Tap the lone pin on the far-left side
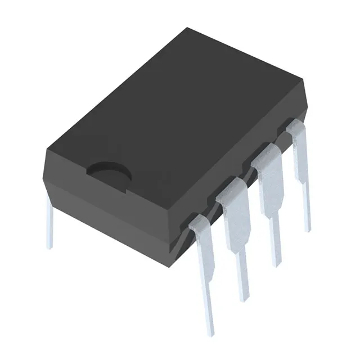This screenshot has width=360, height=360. [49, 228]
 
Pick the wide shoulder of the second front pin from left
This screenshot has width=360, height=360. [236, 217]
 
